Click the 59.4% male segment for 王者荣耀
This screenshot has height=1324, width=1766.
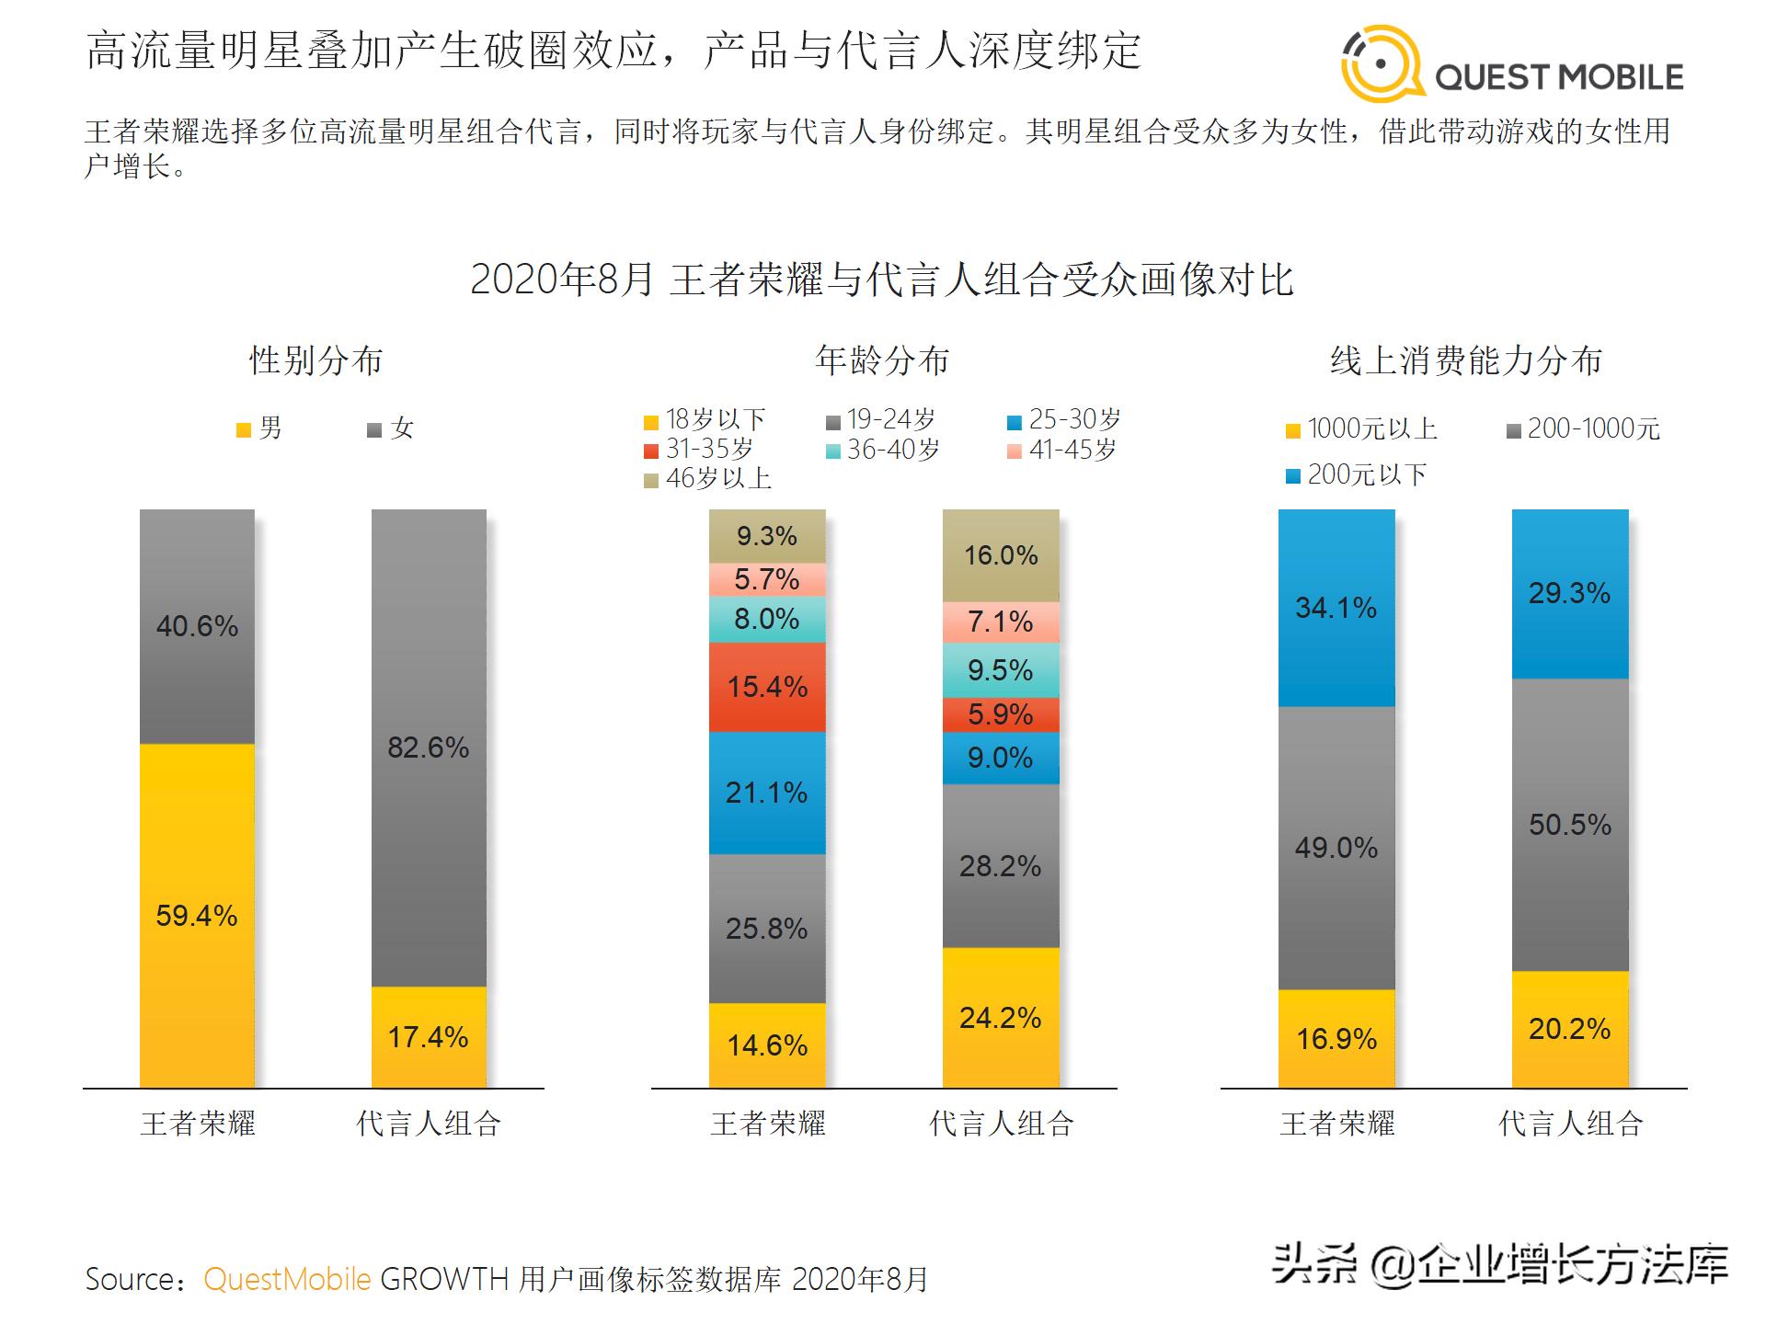(x=197, y=915)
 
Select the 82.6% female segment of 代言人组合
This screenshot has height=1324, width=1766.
(x=429, y=748)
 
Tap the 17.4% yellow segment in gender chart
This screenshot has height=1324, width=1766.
(x=429, y=1037)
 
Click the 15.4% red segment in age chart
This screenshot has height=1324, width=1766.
(x=767, y=687)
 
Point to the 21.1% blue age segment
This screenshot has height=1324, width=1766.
(x=767, y=793)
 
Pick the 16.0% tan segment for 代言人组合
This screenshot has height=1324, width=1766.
(x=1001, y=555)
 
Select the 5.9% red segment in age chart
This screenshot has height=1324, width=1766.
(x=1001, y=714)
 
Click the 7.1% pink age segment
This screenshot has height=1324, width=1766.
(x=1001, y=622)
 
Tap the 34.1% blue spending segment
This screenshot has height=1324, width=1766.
(x=1336, y=608)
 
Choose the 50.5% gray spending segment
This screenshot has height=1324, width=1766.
(x=1570, y=825)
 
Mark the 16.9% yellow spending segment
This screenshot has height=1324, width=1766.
(x=1336, y=1039)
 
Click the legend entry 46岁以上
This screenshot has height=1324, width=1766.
(x=708, y=479)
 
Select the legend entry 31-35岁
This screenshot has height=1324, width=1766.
(x=699, y=450)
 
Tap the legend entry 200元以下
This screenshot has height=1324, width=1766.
(x=1357, y=475)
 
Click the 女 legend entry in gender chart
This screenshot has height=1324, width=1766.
(x=392, y=428)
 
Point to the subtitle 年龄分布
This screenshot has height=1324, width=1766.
(x=881, y=360)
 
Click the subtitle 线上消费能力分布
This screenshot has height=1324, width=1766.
(x=1466, y=360)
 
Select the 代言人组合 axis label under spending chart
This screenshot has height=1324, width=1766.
(x=1570, y=1124)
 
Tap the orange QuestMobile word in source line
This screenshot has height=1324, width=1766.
(x=287, y=1279)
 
